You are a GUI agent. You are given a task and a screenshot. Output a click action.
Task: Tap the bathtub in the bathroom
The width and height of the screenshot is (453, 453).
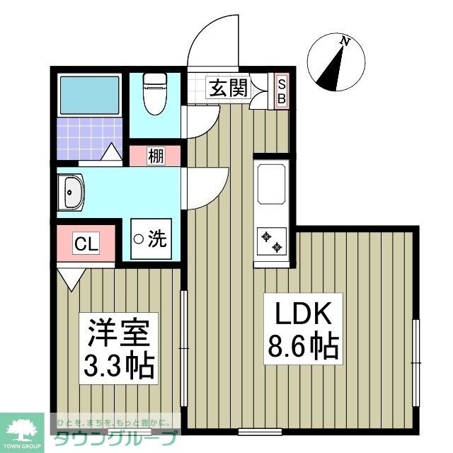coord(91,95)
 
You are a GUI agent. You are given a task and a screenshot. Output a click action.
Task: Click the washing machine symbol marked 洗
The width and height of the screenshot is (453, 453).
coord(151,239)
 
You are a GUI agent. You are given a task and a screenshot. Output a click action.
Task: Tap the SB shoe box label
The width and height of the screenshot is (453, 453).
coord(281,91)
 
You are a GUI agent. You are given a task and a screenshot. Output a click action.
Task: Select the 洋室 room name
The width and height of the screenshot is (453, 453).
coord(118,332)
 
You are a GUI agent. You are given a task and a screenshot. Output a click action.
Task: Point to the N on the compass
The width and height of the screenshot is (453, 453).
coord(345,42)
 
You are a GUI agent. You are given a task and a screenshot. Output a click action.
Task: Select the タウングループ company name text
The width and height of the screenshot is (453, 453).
coord(113,437)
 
